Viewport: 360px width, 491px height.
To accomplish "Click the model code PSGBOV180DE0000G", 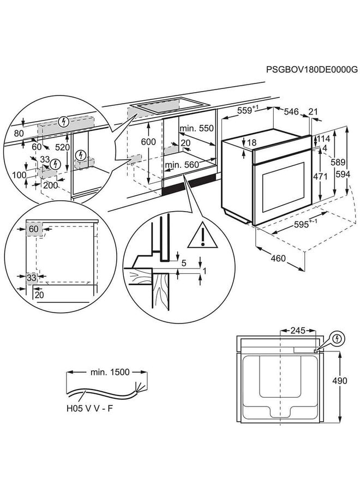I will click(311, 70).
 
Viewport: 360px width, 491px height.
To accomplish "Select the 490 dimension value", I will click(339, 381).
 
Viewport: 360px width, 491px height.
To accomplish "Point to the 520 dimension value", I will click(64, 147).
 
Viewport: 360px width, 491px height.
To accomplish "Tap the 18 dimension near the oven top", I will click(251, 143).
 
